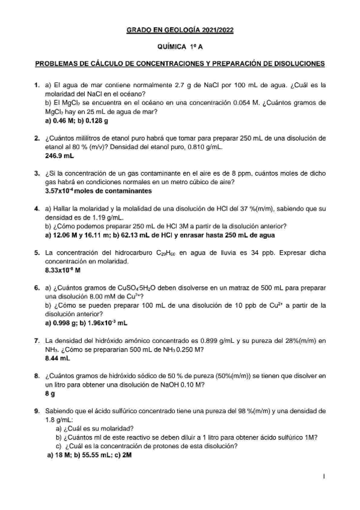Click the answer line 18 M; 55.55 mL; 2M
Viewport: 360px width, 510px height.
pos(90,455)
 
